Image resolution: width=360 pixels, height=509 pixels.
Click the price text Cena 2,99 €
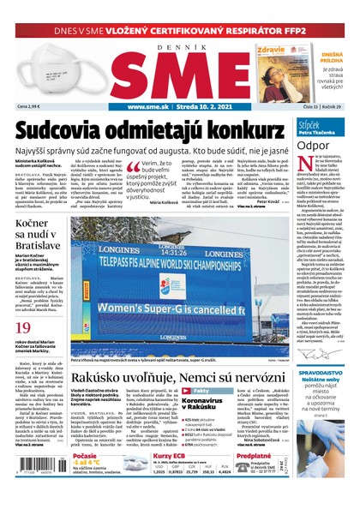[x=29, y=106]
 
